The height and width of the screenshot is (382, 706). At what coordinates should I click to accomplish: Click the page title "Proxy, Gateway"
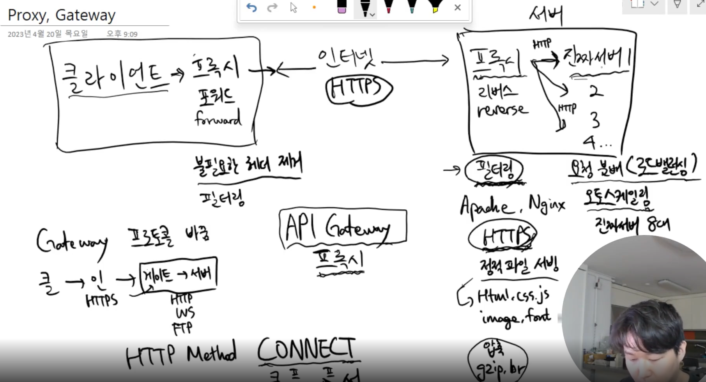click(62, 15)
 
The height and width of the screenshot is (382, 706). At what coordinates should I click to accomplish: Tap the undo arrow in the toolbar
click(251, 7)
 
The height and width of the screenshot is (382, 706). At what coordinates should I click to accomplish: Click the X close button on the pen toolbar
click(458, 7)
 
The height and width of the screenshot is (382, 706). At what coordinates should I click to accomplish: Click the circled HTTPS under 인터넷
click(358, 90)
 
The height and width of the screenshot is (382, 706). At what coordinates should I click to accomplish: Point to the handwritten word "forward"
click(218, 118)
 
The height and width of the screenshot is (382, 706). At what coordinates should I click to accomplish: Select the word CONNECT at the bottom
click(306, 349)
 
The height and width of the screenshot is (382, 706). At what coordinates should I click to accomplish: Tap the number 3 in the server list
click(595, 120)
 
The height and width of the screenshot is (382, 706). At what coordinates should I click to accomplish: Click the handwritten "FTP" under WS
click(182, 328)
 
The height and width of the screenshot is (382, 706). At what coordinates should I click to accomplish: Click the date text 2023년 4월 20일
click(48, 34)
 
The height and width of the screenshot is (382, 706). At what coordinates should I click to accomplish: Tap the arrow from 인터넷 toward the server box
click(415, 61)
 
